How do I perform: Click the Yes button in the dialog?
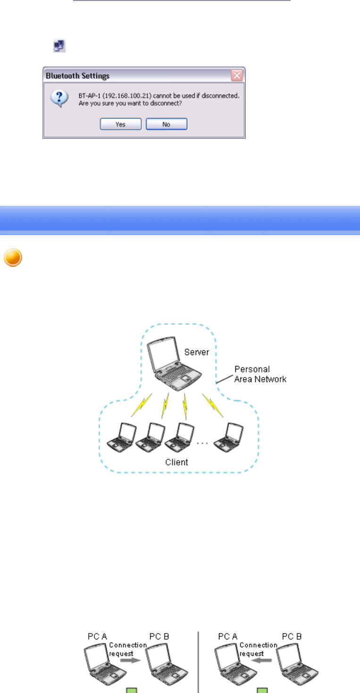click(x=120, y=124)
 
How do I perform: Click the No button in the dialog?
click(x=166, y=124)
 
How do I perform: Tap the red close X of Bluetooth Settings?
click(x=237, y=75)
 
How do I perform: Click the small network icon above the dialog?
click(x=59, y=46)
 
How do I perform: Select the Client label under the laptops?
click(x=176, y=462)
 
